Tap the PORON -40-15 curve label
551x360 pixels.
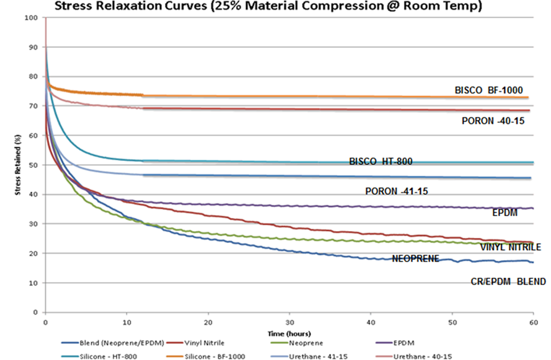493,121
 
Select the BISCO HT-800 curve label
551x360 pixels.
381,162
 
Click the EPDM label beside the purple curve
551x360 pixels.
505,212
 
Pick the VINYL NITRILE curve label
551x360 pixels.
510,247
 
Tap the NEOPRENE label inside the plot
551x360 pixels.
415,258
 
